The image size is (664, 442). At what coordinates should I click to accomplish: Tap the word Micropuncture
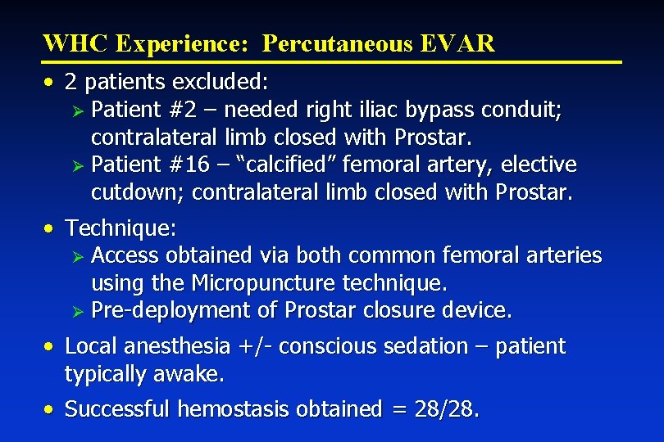(263, 283)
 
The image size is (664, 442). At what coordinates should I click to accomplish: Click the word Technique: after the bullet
(121, 228)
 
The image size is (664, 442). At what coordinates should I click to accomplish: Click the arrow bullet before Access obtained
(79, 256)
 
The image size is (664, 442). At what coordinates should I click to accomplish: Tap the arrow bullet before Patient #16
(79, 165)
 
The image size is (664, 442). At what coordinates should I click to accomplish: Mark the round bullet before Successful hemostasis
(51, 408)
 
